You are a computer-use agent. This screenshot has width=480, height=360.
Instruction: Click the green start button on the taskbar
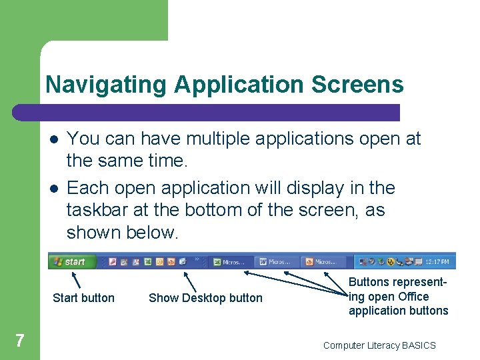tap(71, 261)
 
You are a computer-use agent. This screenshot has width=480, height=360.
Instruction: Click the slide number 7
tap(20, 341)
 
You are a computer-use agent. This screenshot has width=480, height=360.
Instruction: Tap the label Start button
tap(83, 298)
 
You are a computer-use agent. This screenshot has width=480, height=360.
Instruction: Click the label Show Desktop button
tap(205, 298)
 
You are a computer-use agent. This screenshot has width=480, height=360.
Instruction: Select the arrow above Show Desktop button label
tap(190, 280)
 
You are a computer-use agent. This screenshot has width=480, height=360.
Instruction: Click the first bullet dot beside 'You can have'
tap(53, 139)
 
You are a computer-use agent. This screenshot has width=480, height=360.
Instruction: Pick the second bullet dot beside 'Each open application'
tap(53, 189)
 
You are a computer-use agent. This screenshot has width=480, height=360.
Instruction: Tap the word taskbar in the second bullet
tap(97, 210)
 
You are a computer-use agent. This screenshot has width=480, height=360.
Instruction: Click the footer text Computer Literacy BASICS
tap(379, 345)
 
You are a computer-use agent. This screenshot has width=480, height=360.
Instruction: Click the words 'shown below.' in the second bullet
tap(123, 233)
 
